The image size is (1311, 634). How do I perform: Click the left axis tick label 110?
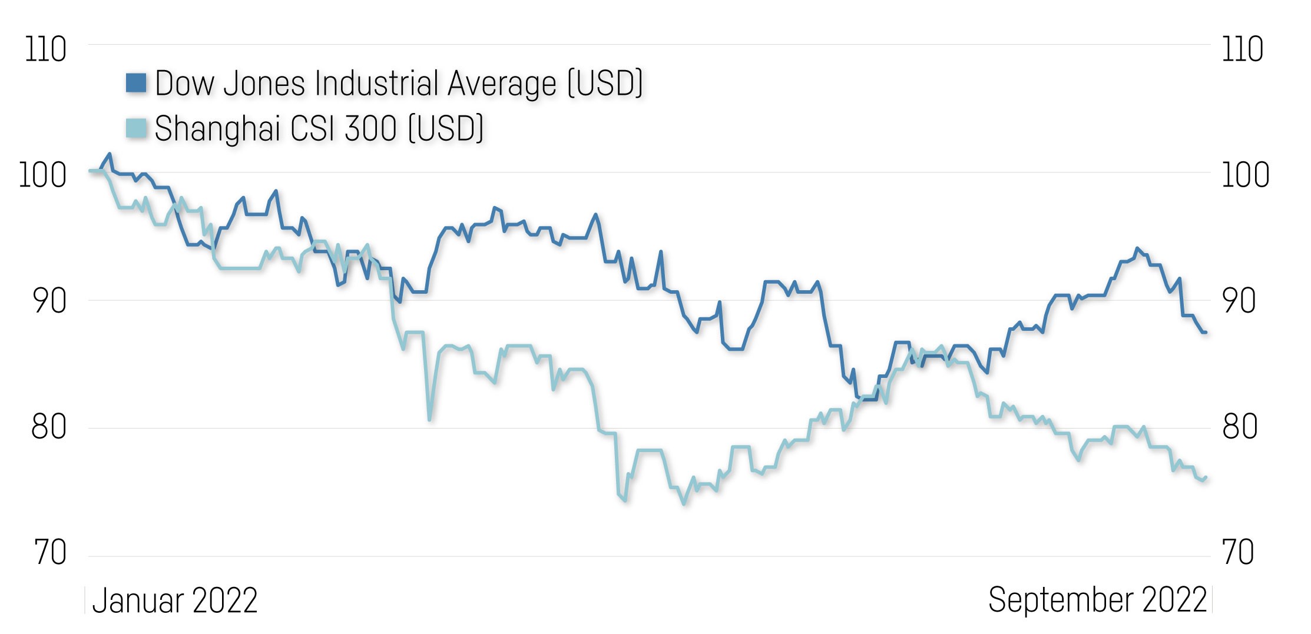(45, 49)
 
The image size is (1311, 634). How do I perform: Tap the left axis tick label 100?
(42, 175)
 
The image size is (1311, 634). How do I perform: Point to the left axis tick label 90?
(49, 301)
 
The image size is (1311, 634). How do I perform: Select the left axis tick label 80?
(49, 427)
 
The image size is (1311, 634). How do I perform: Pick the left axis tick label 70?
(49, 553)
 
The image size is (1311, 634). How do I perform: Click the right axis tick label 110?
(1243, 49)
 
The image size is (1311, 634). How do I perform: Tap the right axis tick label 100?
(1246, 175)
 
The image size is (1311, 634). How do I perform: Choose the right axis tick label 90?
(1239, 301)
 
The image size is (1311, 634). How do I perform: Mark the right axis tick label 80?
(1240, 427)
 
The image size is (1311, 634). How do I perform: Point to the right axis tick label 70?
(1239, 553)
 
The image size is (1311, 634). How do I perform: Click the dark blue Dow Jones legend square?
(136, 83)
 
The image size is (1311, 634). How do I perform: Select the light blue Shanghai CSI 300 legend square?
(136, 128)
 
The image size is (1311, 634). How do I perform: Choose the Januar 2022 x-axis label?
(175, 601)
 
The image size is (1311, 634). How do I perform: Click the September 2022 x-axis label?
(1098, 600)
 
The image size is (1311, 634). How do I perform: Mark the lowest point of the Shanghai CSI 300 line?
(684, 503)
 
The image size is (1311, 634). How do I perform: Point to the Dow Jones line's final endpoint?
(1206, 333)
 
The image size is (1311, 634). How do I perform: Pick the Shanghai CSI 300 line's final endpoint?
(1206, 477)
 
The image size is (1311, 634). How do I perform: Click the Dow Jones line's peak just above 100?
(110, 154)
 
